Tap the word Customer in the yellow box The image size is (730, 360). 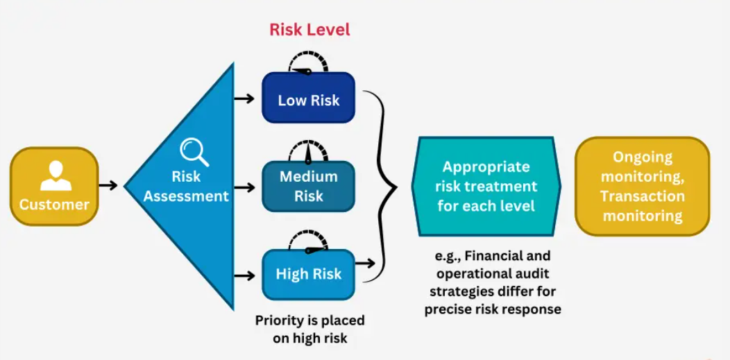54,204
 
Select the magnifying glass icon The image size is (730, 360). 194,153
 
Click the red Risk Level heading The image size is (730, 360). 309,30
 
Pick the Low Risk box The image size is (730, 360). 308,97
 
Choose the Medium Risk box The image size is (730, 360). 308,186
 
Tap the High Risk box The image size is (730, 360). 308,275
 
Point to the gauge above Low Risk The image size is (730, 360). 308,62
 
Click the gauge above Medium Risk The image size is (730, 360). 308,151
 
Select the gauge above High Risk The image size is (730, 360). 308,239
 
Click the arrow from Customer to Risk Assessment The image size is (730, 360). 108,186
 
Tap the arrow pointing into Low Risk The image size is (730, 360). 244,98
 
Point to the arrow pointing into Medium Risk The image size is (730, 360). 244,187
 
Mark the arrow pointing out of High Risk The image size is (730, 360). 366,264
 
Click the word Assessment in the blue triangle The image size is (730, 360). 186,196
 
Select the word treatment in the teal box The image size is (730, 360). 506,186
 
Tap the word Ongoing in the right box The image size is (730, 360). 643,157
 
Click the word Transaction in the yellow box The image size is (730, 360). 643,196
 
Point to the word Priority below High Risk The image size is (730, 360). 278,320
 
